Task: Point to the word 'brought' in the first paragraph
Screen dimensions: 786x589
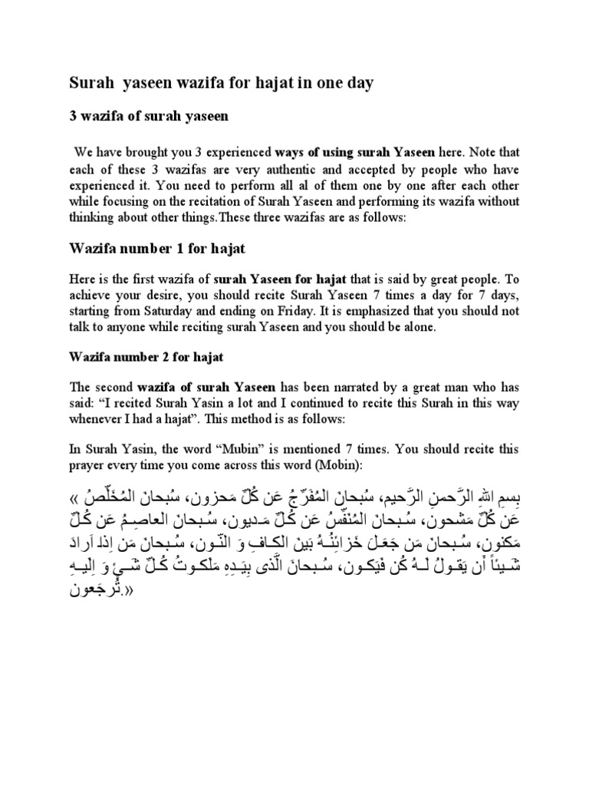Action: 157,151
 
